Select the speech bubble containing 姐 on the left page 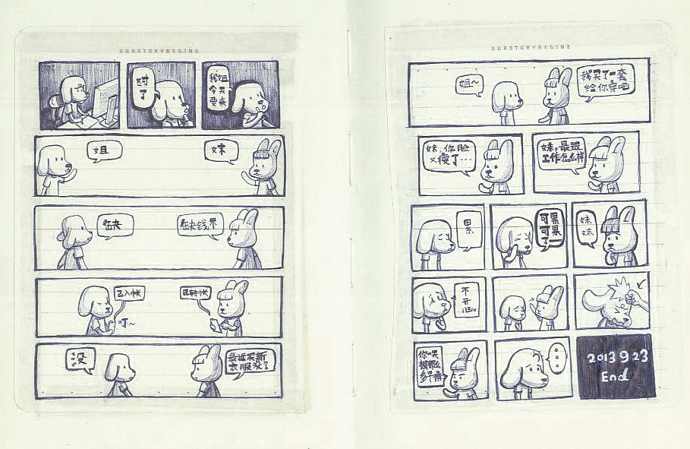pyautogui.click(x=104, y=150)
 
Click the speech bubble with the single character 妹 pyautogui.click(x=222, y=150)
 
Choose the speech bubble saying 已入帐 pyautogui.click(x=128, y=292)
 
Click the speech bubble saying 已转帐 pyautogui.click(x=195, y=292)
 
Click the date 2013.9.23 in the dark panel pyautogui.click(x=614, y=356)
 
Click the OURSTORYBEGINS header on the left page pyautogui.click(x=159, y=51)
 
